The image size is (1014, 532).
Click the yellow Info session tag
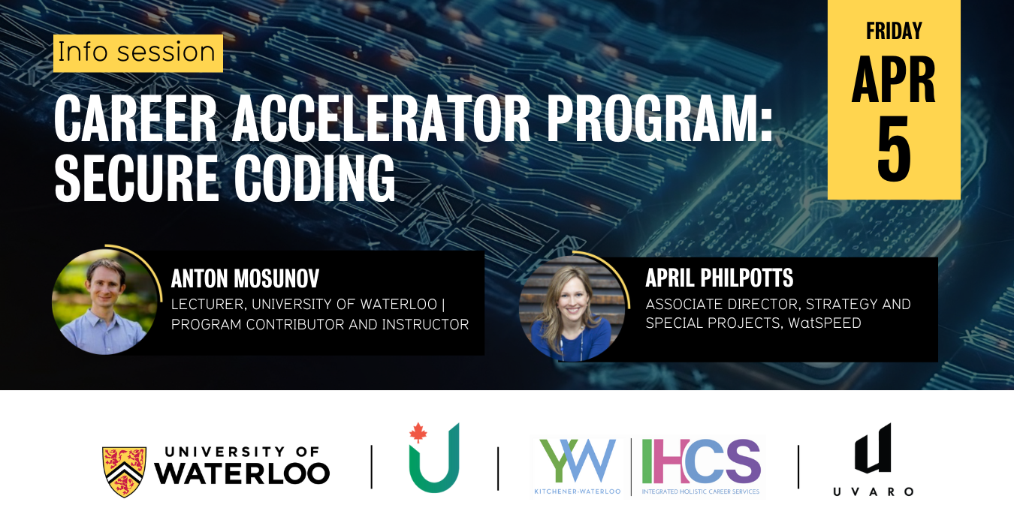point(137,53)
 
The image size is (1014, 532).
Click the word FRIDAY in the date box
point(894,32)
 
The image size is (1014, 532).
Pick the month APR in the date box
point(894,80)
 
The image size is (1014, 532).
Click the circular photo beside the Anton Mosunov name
point(104,302)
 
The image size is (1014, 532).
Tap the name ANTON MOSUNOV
point(245,279)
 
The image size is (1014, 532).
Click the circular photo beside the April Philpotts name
point(572,308)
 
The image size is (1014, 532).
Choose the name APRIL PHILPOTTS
point(719,278)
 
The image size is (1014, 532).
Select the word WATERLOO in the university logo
point(242,473)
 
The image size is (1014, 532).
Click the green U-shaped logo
point(434,463)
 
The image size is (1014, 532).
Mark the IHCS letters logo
point(701,461)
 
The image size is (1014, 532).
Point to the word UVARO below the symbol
point(873,491)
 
